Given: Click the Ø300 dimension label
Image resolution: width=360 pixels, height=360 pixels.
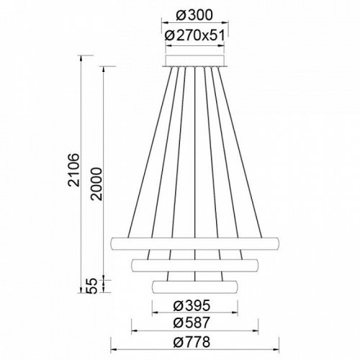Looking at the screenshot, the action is pos(194,15).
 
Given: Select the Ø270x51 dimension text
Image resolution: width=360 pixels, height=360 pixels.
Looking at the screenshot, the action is pos(195,35).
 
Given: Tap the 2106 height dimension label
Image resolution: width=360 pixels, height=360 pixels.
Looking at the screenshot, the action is pos(73,169).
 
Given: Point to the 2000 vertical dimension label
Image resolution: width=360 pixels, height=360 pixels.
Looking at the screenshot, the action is pos(96,184).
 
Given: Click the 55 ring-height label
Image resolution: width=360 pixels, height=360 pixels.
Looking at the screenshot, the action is pos(92,286).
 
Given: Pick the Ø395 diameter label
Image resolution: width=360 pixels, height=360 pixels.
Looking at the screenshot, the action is pos(192,305).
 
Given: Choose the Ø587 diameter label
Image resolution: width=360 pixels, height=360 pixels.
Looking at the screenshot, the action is pos(192,323).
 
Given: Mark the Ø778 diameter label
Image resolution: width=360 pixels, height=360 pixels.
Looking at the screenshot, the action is pos(192,342).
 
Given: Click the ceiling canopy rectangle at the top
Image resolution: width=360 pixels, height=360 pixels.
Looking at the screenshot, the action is pos(195,60).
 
